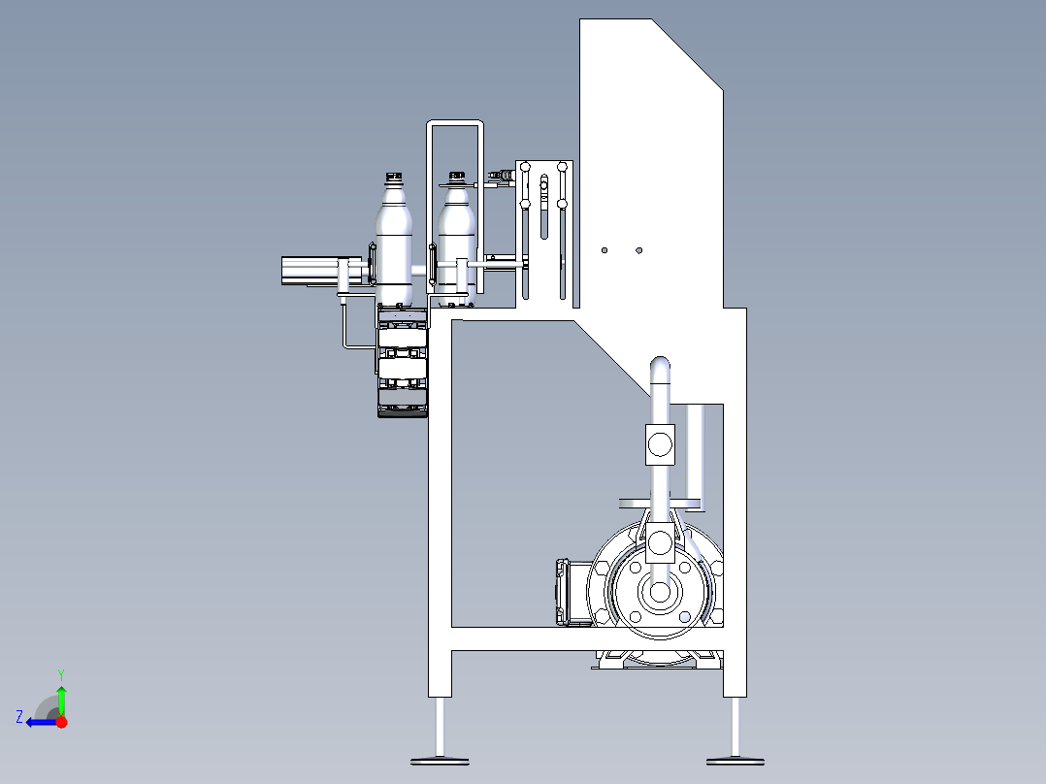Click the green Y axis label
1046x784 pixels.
pyautogui.click(x=61, y=674)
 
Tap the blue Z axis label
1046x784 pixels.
pyautogui.click(x=19, y=717)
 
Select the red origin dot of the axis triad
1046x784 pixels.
pyautogui.click(x=61, y=722)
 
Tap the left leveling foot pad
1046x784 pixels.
pyautogui.click(x=440, y=761)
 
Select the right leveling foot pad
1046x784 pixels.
pyautogui.click(x=735, y=761)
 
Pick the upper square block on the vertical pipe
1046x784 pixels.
pyautogui.click(x=660, y=444)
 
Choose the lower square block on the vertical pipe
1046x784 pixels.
pyautogui.click(x=660, y=543)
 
